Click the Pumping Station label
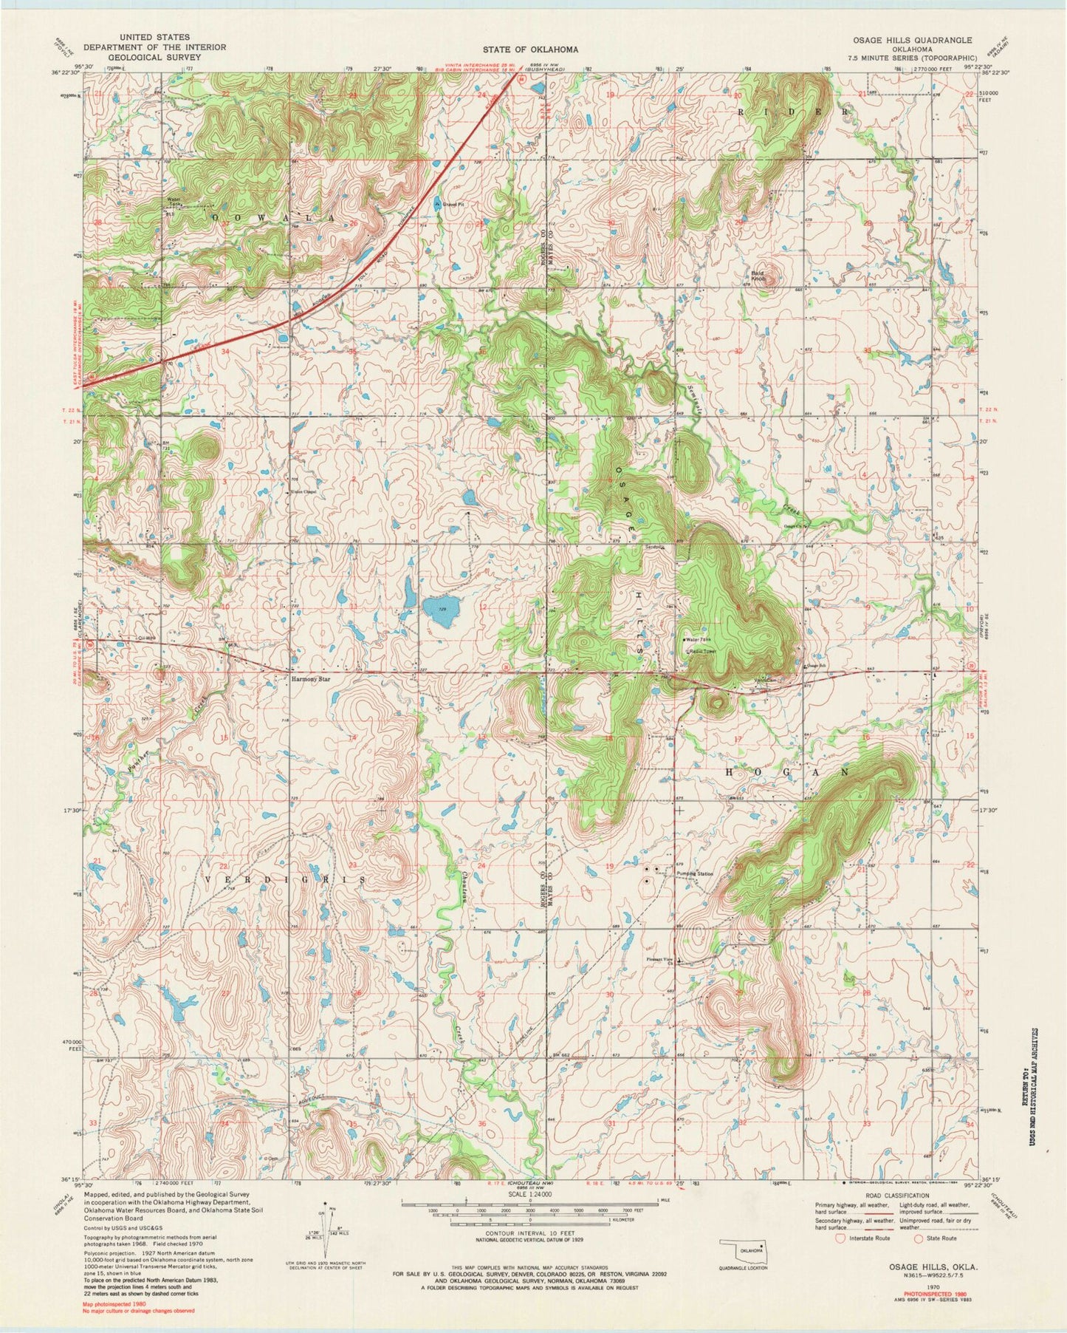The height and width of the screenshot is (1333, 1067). click(695, 874)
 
